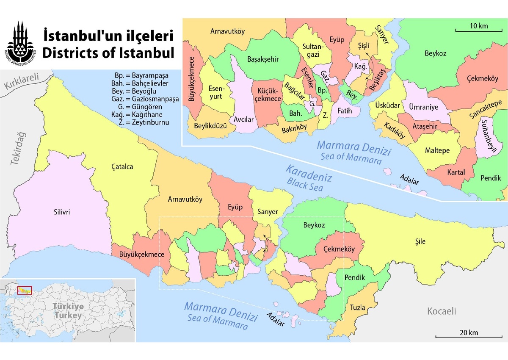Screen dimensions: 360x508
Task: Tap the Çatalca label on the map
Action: tap(122, 166)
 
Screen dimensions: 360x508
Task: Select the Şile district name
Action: tap(420, 241)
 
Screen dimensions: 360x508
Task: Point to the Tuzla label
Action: tap(357, 308)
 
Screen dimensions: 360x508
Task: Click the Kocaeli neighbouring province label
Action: tap(442, 311)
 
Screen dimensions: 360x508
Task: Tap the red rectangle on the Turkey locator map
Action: tap(24, 291)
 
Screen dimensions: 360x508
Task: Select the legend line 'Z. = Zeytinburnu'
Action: tap(144, 122)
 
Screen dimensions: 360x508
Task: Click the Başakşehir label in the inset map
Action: tap(263, 59)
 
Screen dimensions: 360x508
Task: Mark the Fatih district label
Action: tap(345, 110)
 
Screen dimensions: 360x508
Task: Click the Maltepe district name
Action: tap(437, 151)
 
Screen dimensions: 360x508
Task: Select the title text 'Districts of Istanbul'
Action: tap(108, 53)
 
